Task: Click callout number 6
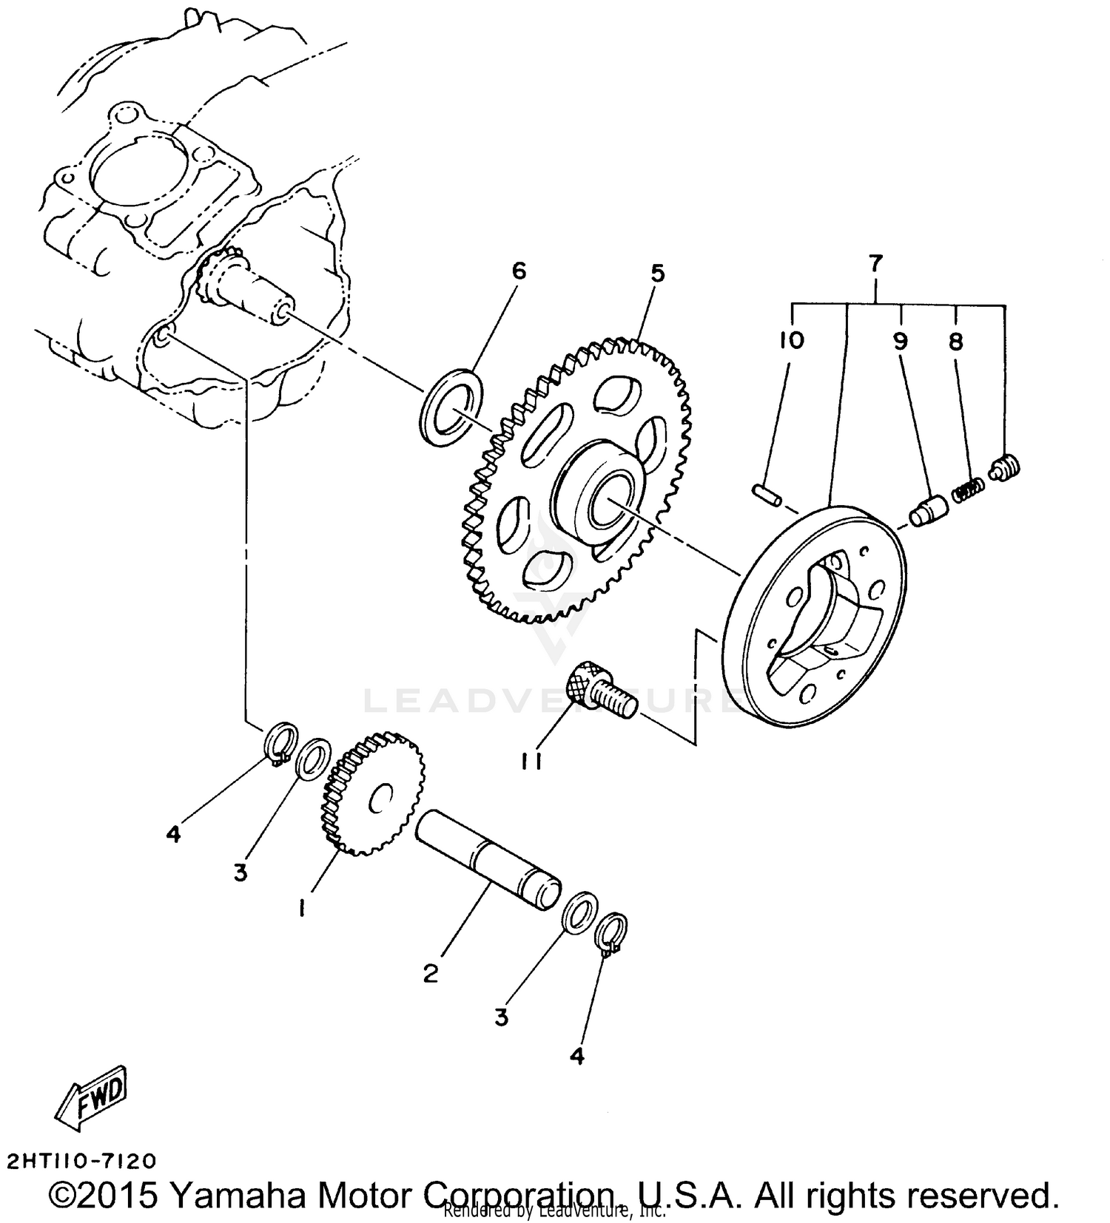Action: pyautogui.click(x=519, y=271)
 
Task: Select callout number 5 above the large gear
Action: pyautogui.click(x=657, y=274)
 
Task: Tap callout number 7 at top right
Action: pyautogui.click(x=875, y=262)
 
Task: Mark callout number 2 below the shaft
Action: pyautogui.click(x=431, y=973)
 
